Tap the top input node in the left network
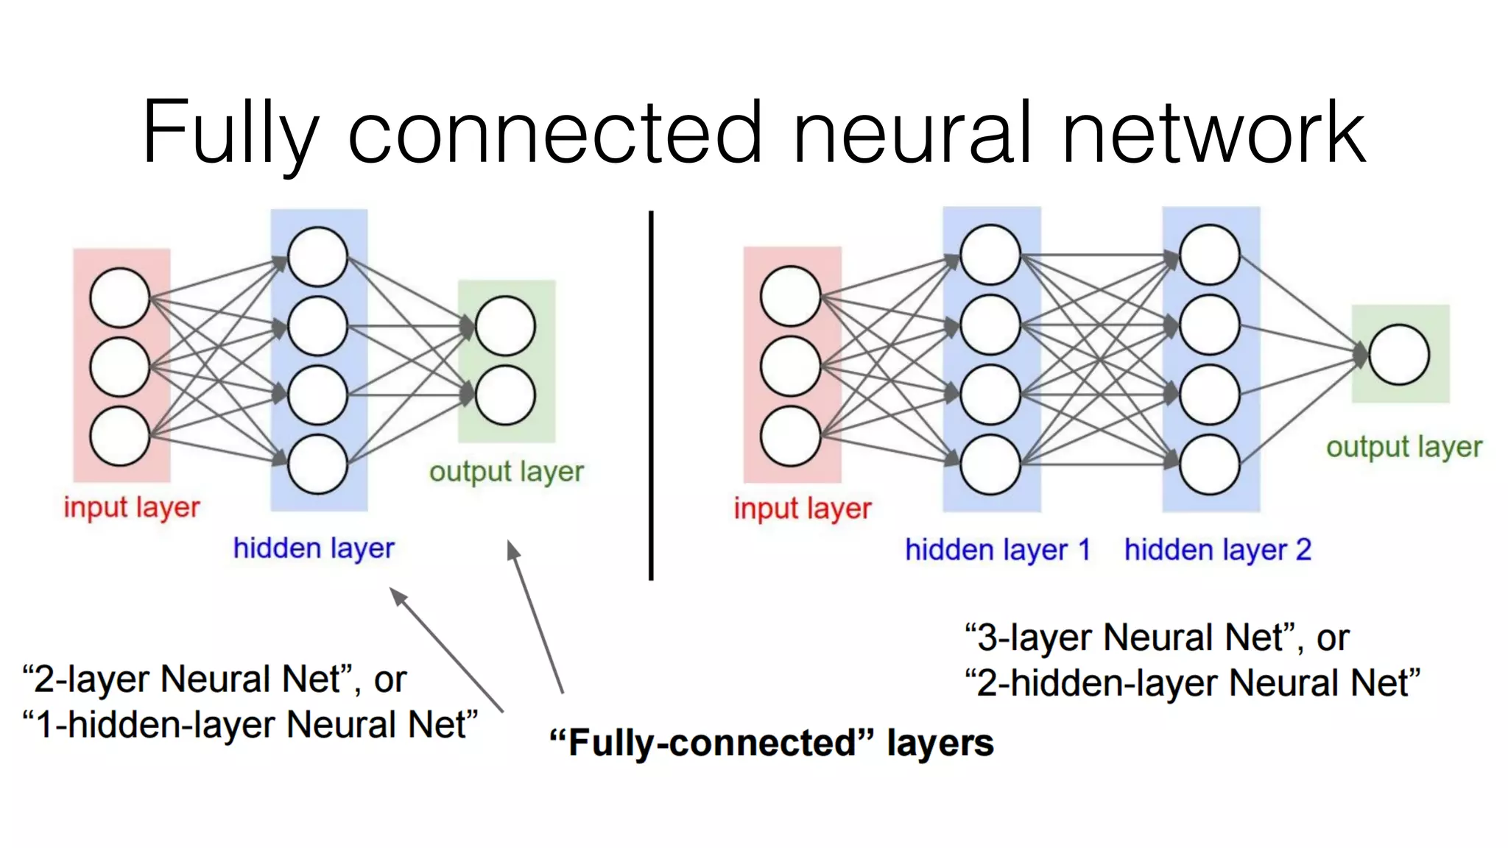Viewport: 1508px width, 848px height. (x=120, y=297)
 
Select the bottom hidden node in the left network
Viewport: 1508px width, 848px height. (x=317, y=464)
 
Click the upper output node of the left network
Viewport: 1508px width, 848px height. (x=505, y=326)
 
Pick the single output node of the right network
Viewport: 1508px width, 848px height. (x=1399, y=354)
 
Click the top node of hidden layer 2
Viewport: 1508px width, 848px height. (x=1209, y=255)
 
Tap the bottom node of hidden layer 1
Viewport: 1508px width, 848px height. (x=990, y=464)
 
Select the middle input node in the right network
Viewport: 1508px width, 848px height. (x=790, y=367)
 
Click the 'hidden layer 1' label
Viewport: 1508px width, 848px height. (x=997, y=550)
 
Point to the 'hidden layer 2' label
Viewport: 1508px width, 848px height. (x=1217, y=550)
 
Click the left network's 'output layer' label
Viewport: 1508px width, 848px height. (x=507, y=472)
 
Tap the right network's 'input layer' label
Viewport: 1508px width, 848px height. (x=802, y=509)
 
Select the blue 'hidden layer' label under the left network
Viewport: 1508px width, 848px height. (x=314, y=548)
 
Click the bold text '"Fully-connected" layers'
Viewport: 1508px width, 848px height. (x=771, y=743)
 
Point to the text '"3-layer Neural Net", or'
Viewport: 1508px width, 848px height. (x=1156, y=637)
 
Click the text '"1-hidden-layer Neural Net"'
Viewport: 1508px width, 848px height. (x=250, y=725)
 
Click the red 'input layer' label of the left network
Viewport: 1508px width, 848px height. (x=131, y=507)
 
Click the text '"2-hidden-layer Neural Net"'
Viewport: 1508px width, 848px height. (x=1191, y=683)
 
